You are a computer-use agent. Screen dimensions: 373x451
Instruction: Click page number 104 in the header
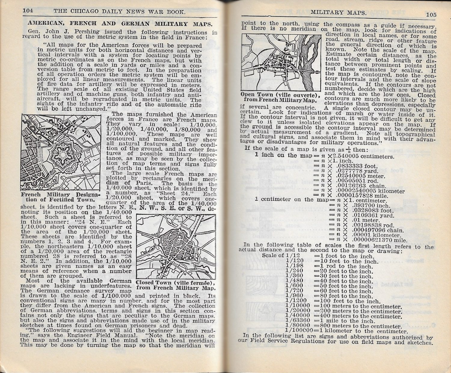coord(28,11)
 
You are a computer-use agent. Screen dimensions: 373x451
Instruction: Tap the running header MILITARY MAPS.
coord(338,12)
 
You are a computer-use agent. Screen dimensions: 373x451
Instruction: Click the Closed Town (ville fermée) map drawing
coord(176,246)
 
